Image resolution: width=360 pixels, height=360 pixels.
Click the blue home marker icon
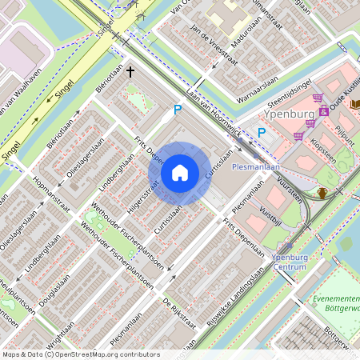[180, 172]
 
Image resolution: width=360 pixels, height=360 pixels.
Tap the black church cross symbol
[130, 73]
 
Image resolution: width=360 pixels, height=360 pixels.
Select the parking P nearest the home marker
[178, 110]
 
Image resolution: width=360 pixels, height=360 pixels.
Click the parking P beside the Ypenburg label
[261, 133]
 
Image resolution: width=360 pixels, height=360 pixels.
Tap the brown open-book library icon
[354, 104]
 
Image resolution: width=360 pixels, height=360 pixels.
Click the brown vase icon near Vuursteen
[322, 193]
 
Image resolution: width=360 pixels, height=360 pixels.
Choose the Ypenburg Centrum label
[290, 262]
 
